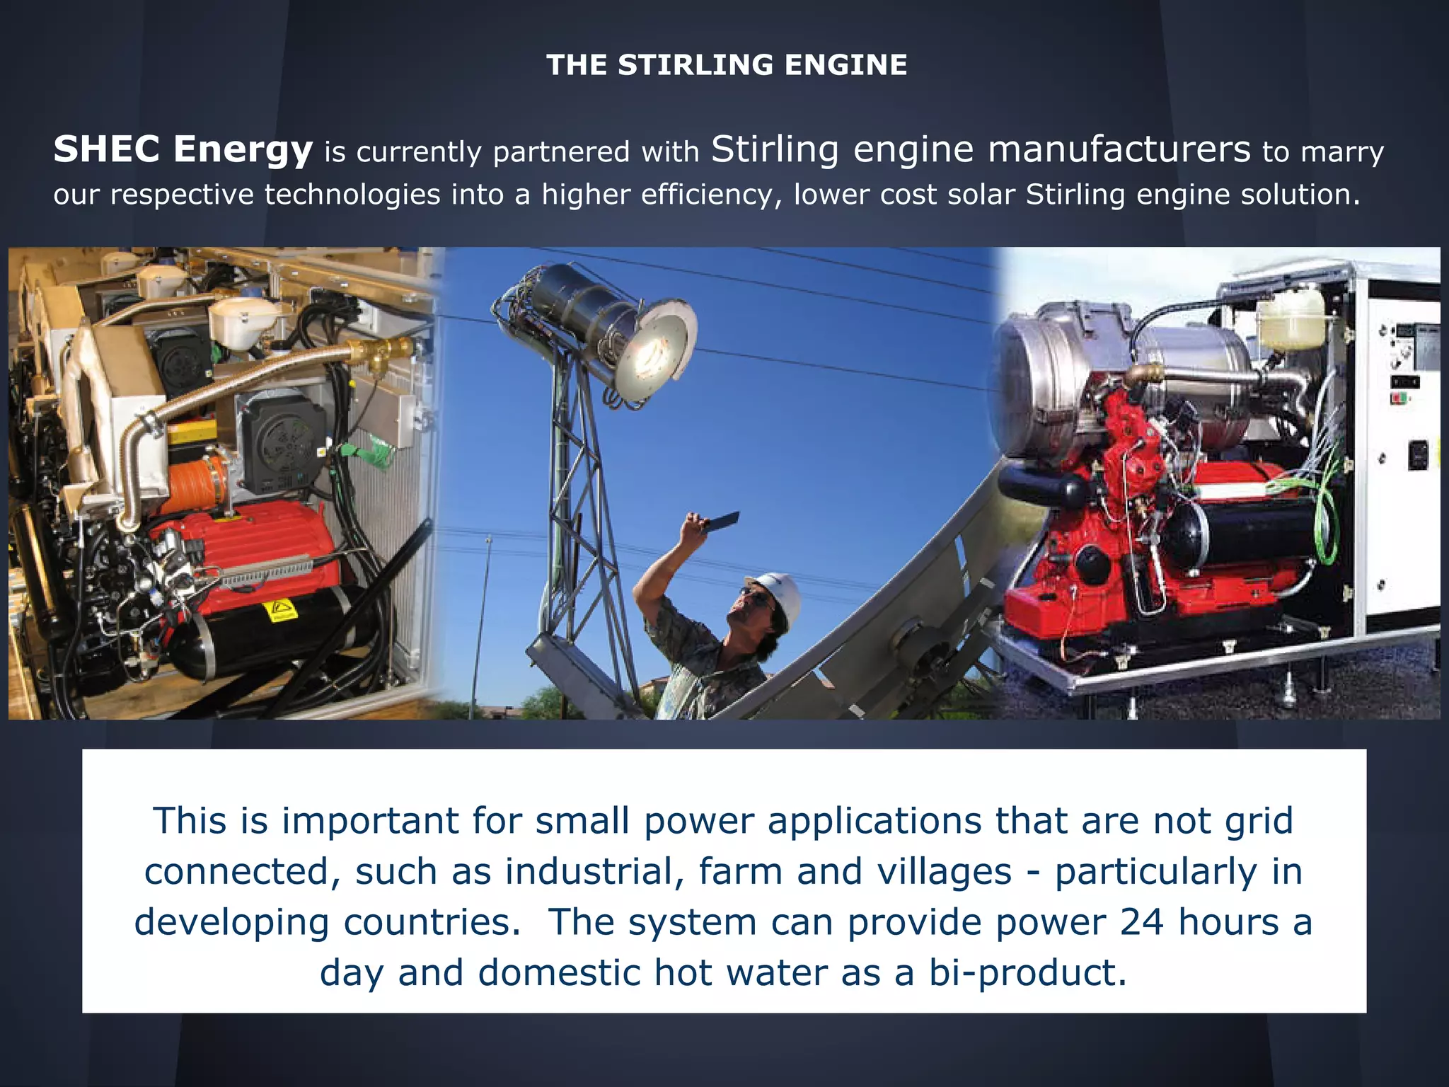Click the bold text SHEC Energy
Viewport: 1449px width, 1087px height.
[183, 150]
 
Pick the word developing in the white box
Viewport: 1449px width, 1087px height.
[231, 922]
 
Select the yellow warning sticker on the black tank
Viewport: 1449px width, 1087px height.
[280, 610]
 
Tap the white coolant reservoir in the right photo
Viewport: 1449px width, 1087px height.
[1292, 318]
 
